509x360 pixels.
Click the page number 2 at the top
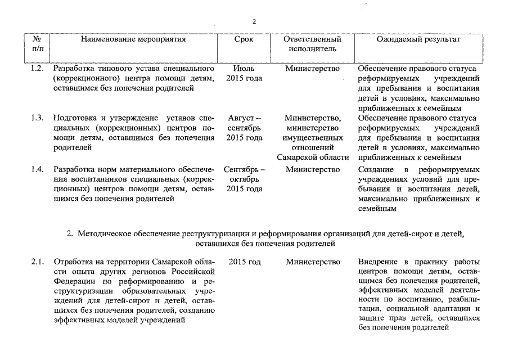[x=254, y=21]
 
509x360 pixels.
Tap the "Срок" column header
[x=244, y=39]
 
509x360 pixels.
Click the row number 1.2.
[x=37, y=69]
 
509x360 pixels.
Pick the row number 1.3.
[x=37, y=118]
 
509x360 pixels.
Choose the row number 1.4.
[x=37, y=169]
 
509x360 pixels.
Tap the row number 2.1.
[x=37, y=262]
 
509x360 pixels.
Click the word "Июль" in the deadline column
[x=244, y=69]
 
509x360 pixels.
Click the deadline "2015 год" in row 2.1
[x=245, y=262]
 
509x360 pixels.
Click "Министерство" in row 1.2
[x=313, y=69]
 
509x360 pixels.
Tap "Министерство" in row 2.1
[x=313, y=262]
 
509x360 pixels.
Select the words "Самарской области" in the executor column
[x=313, y=156]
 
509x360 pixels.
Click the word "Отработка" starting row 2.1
[x=73, y=262]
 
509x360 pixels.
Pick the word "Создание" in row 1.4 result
[x=375, y=169]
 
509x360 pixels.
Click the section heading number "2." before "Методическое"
[x=70, y=233]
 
